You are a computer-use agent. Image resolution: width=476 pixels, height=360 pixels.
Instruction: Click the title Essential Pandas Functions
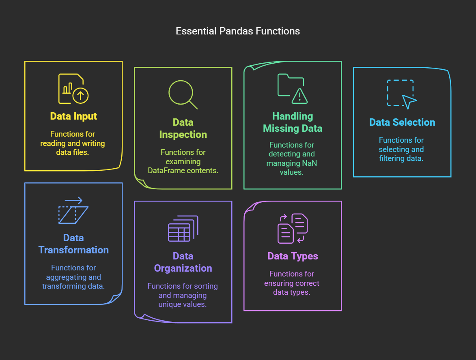[237, 31]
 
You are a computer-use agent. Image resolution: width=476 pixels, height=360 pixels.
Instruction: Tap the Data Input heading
[73, 116]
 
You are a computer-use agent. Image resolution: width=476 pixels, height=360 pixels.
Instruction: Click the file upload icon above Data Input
[73, 88]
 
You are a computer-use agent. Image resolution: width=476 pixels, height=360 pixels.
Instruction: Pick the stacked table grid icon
[183, 229]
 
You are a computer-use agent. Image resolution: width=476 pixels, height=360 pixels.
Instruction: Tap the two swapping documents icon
[292, 229]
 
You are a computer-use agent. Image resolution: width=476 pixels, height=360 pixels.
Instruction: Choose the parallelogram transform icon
[73, 210]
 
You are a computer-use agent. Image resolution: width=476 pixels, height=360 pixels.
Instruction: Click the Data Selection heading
[402, 122]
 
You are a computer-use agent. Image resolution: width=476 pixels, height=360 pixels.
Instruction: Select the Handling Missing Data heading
[292, 122]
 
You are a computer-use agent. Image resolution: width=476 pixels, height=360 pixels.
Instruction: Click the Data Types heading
[292, 256]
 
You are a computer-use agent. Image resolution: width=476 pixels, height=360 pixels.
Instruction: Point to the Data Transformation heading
[73, 244]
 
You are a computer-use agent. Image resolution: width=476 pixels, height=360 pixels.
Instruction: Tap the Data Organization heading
[183, 262]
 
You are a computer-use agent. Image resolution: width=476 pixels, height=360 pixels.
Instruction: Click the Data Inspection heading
[183, 129]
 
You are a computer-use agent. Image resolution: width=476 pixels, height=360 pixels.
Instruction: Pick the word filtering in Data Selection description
[392, 159]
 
